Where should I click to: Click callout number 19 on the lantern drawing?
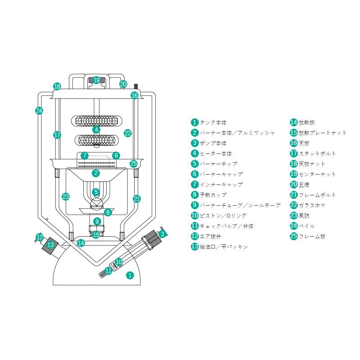click(x=96, y=80)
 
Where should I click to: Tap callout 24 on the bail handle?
click(x=39, y=111)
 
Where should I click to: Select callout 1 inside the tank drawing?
click(x=130, y=274)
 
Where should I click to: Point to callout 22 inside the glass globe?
click(x=128, y=133)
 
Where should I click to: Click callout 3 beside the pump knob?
click(x=162, y=234)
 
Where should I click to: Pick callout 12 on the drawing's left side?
click(x=40, y=237)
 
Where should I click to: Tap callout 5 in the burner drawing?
click(x=96, y=192)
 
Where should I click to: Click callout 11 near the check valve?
click(x=108, y=271)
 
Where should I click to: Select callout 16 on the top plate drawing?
click(x=135, y=95)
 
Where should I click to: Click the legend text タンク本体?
click(x=213, y=122)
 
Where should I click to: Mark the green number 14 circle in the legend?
click(x=293, y=122)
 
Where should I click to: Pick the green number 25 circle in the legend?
click(x=293, y=236)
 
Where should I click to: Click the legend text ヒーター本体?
click(x=216, y=153)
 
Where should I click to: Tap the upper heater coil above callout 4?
click(x=96, y=121)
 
